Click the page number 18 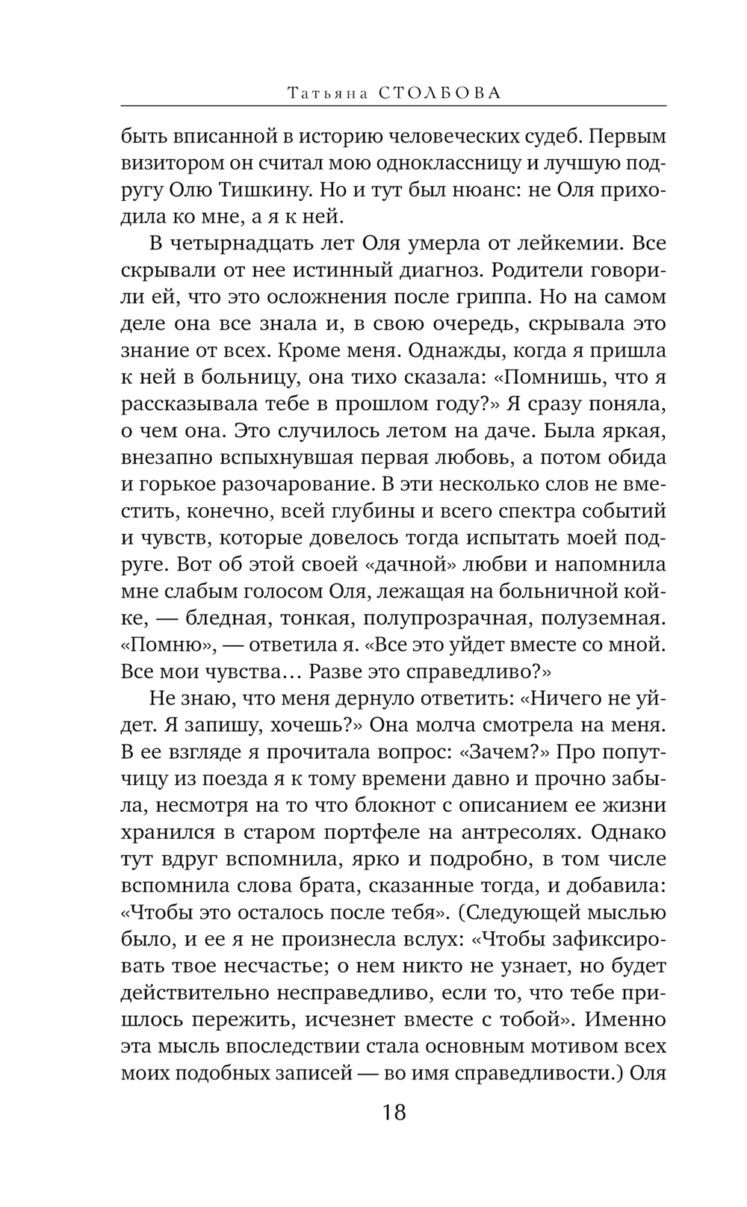click(394, 1113)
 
